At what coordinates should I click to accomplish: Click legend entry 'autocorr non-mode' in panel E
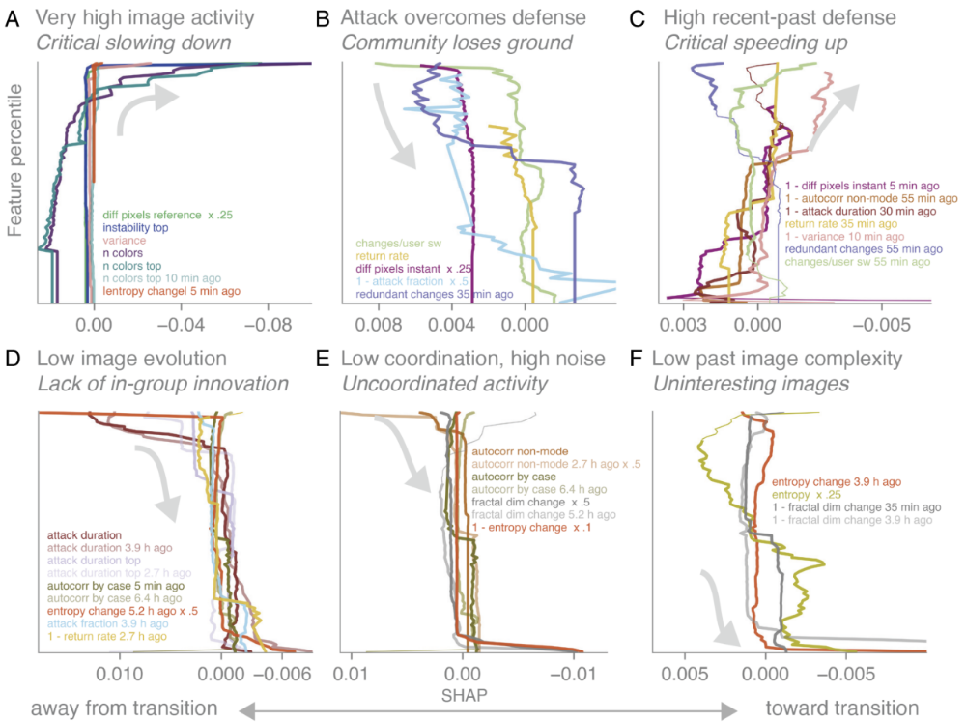tap(513, 450)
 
